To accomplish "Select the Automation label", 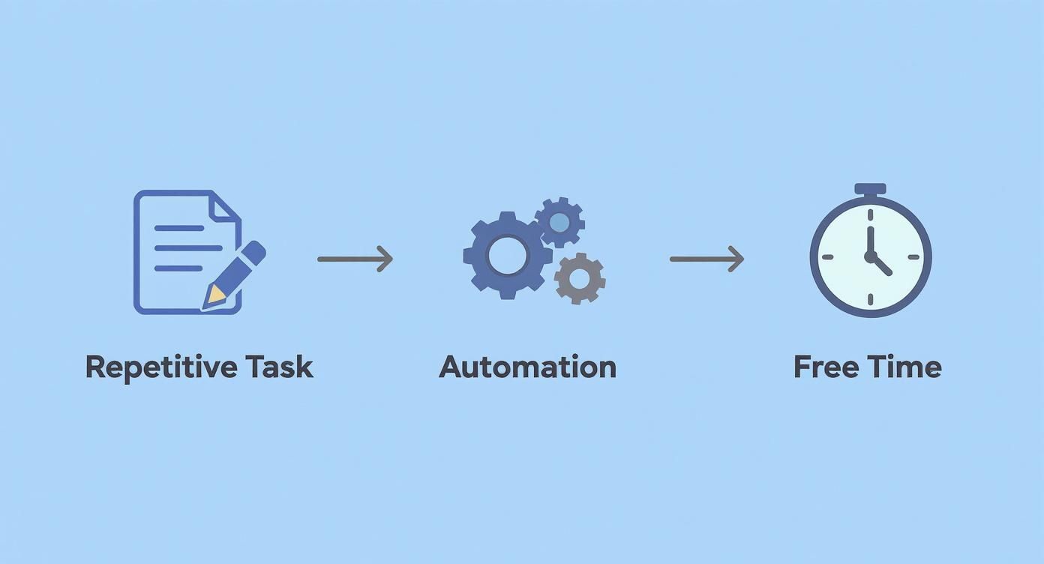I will point(527,367).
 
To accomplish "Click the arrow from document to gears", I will point(355,259).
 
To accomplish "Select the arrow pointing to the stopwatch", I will point(706,259).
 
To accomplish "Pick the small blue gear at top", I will point(559,222).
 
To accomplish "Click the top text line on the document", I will point(178,227).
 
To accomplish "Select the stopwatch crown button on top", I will point(870,189).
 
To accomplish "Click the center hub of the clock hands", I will point(870,256).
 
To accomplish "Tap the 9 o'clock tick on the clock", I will point(826,256).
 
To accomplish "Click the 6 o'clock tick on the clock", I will point(870,299).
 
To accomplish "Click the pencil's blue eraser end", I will point(255,251).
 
